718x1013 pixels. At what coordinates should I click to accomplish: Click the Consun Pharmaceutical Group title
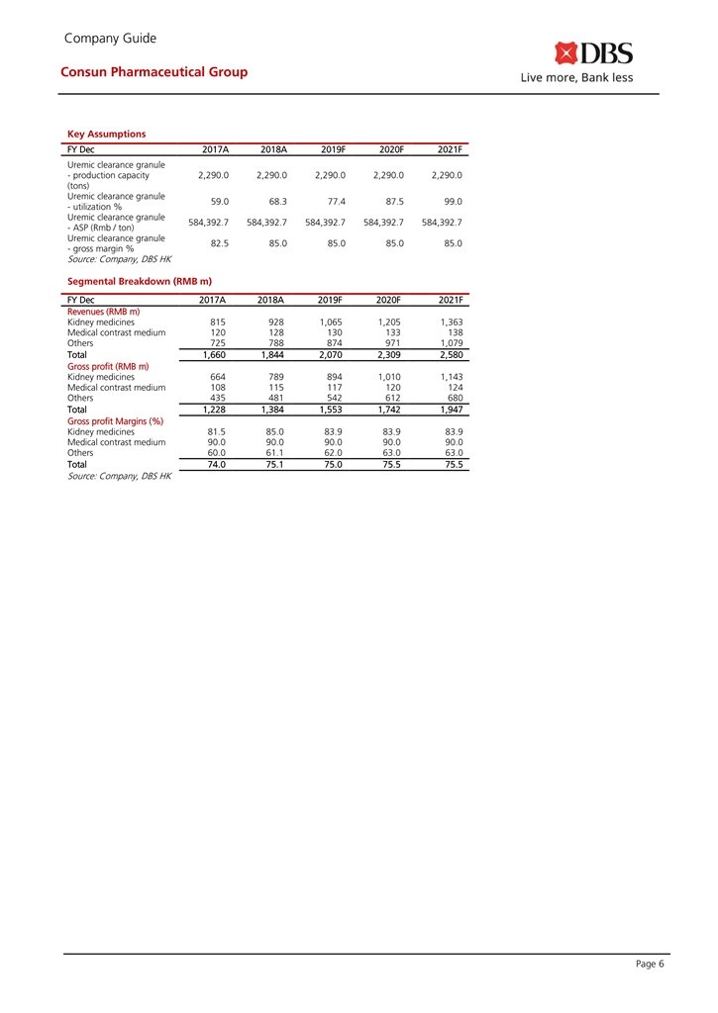tap(154, 71)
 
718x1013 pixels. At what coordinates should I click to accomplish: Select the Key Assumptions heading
tap(106, 134)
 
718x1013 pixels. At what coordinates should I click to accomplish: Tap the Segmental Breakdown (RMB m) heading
tap(140, 282)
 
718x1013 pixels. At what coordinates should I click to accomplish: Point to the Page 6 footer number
tap(649, 966)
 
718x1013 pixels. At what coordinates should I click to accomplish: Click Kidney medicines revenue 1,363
tap(450, 322)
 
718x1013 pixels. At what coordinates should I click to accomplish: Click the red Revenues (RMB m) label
tap(103, 312)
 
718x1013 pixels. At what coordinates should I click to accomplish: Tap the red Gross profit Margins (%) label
tap(115, 420)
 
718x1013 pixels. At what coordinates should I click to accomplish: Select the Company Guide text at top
tap(109, 39)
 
